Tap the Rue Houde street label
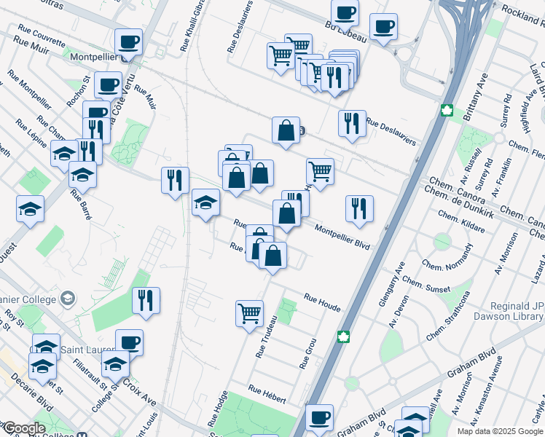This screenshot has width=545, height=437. pyautogui.click(x=322, y=303)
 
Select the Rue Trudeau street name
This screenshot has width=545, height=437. pyautogui.click(x=266, y=336)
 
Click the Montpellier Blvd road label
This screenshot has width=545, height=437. pyautogui.click(x=342, y=237)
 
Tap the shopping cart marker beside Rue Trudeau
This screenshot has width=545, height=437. pyautogui.click(x=249, y=314)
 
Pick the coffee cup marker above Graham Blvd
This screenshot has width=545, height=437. pyautogui.click(x=319, y=418)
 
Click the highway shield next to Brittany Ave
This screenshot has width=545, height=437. pyautogui.click(x=447, y=111)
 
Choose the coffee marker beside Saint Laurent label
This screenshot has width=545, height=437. pyautogui.click(x=129, y=342)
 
